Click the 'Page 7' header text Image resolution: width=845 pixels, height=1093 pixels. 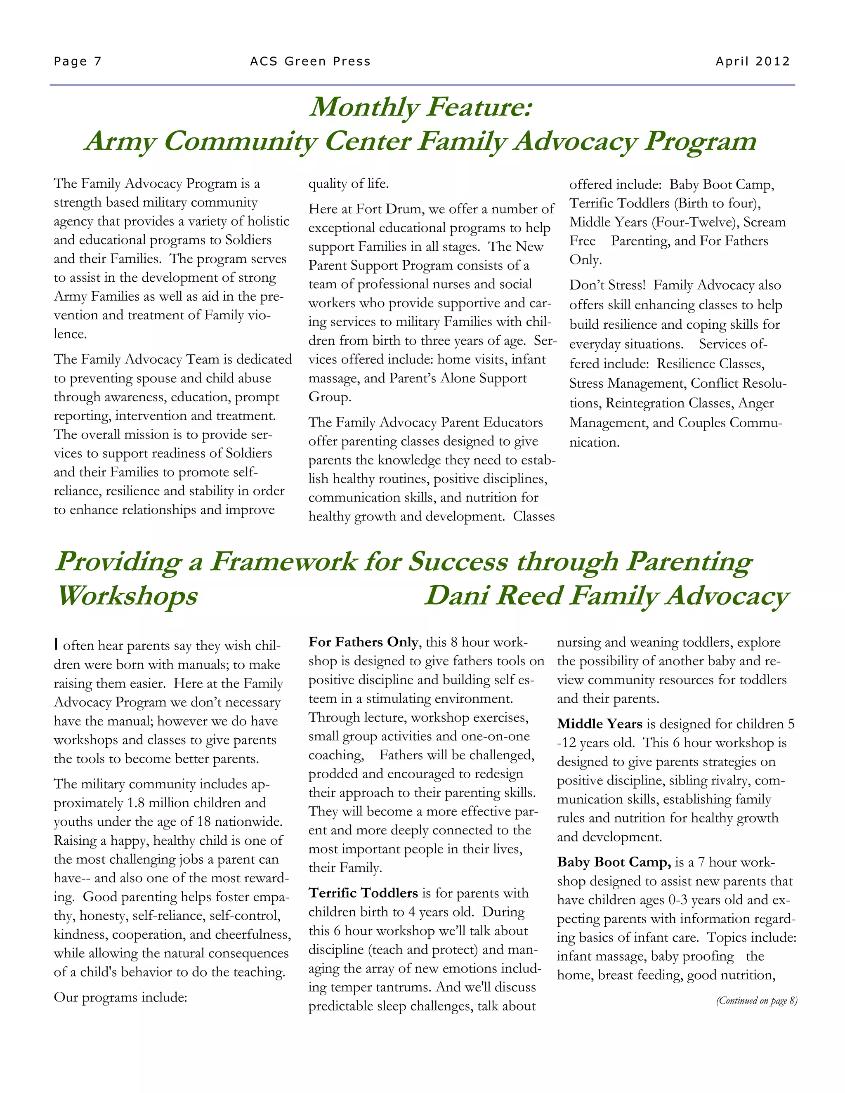pos(78,61)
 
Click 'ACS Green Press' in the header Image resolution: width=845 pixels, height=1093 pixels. pos(310,61)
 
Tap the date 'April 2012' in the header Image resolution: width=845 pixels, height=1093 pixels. pos(753,61)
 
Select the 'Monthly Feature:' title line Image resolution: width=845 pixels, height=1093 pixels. pos(421,107)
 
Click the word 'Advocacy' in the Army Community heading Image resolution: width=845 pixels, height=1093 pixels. pos(575,141)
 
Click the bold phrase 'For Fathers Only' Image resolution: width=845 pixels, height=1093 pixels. pos(363,642)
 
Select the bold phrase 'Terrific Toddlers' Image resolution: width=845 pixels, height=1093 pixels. pos(363,893)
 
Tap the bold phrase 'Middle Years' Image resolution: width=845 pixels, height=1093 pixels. pos(599,724)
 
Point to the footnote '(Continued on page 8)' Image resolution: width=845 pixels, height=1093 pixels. pos(756,1001)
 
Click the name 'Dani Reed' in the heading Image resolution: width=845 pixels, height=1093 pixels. pos(493,596)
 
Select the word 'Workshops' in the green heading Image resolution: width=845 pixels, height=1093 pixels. pos(127,596)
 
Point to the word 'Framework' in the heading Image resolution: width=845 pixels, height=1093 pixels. pos(283,561)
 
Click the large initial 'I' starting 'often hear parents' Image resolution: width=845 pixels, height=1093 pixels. pos(57,645)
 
